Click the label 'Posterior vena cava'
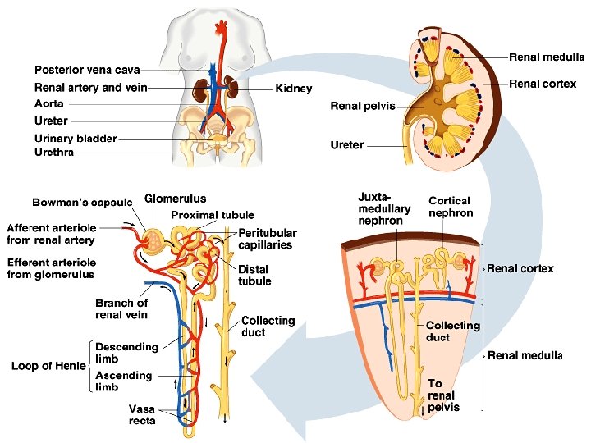pyautogui.click(x=87, y=70)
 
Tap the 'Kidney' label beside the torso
pyautogui.click(x=294, y=88)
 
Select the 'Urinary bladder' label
pyautogui.click(x=76, y=138)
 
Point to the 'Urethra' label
pyautogui.click(x=54, y=152)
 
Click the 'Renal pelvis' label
pyautogui.click(x=363, y=106)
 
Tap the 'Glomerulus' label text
pyautogui.click(x=176, y=199)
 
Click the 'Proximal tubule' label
pyautogui.click(x=213, y=215)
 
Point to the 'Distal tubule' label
pyautogui.click(x=254, y=276)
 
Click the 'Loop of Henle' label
pyautogui.click(x=48, y=366)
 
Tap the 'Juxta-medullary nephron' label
pyautogui.click(x=384, y=208)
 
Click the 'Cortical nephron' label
pyautogui.click(x=451, y=207)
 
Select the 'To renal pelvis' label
pyautogui.click(x=443, y=395)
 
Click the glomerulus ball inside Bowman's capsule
pyautogui.click(x=152, y=240)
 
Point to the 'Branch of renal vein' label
pyautogui.click(x=121, y=309)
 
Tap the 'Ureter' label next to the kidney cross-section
pyautogui.click(x=346, y=145)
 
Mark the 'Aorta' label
pyautogui.click(x=48, y=104)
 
